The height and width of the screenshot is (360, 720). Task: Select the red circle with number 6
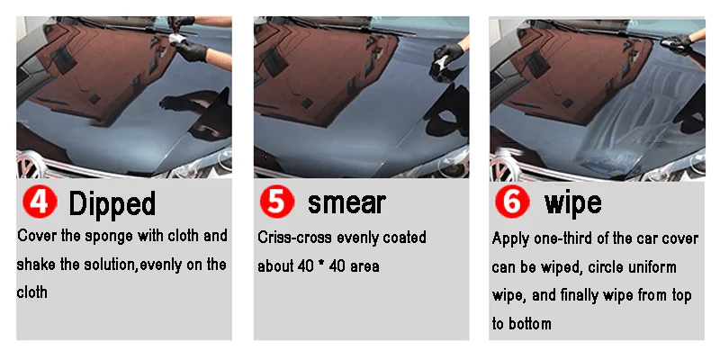pyautogui.click(x=511, y=202)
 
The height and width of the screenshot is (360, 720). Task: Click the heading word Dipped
pyautogui.click(x=112, y=203)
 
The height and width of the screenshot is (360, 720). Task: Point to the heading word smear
pyautogui.click(x=346, y=202)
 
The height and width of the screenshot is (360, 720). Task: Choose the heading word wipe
pyautogui.click(x=572, y=202)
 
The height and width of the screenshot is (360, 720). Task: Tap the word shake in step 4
pyautogui.click(x=38, y=265)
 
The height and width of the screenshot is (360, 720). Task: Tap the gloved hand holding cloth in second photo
pyautogui.click(x=445, y=61)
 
